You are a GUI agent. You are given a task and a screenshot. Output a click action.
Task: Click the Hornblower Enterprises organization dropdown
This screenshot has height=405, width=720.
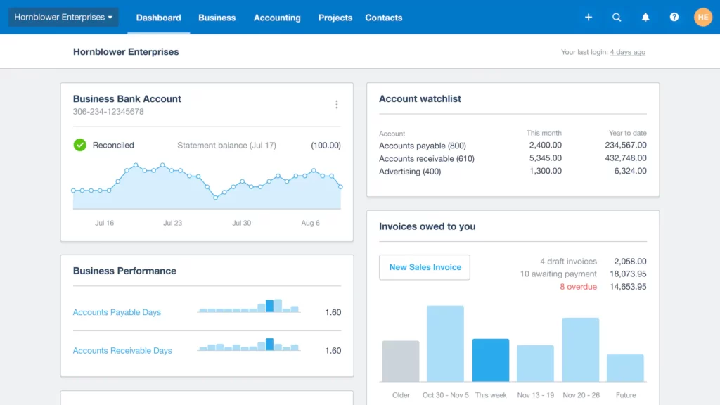tap(63, 18)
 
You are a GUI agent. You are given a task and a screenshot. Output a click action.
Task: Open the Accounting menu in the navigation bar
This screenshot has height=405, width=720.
tap(277, 18)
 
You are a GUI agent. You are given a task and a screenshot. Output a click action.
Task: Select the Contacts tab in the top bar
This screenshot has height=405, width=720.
tap(384, 18)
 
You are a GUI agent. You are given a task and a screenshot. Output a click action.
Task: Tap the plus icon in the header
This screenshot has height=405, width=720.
tap(589, 18)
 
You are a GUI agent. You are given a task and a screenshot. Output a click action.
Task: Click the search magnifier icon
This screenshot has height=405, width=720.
tap(617, 18)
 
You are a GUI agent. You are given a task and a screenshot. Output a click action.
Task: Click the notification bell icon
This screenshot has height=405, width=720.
tap(645, 18)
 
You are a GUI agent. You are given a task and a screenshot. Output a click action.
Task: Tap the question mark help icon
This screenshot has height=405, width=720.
tap(674, 18)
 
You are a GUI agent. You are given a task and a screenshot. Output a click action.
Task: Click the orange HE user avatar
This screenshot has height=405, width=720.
tap(703, 18)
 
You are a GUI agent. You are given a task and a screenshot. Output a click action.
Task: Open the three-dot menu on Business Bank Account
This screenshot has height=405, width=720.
tap(337, 105)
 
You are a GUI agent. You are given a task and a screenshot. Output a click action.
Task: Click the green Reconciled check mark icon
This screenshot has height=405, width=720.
tap(80, 145)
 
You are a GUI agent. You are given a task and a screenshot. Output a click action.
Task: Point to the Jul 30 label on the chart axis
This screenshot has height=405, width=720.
tap(241, 223)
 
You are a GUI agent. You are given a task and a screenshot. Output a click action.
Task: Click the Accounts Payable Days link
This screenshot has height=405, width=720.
tap(117, 312)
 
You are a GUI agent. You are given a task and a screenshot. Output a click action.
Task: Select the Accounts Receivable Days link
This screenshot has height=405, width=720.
tap(122, 350)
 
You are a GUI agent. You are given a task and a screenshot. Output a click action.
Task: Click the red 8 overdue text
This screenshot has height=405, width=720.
tap(578, 287)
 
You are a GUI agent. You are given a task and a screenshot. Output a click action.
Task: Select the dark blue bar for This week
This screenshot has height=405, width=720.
tap(491, 360)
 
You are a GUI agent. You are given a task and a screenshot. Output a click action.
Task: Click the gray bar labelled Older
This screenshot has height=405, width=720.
tap(401, 361)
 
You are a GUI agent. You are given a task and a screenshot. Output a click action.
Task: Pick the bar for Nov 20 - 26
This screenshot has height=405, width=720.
tap(580, 349)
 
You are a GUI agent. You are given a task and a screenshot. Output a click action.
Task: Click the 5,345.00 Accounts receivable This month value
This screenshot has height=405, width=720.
tap(545, 158)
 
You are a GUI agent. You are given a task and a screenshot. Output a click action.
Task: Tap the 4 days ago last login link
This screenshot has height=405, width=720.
tap(627, 52)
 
